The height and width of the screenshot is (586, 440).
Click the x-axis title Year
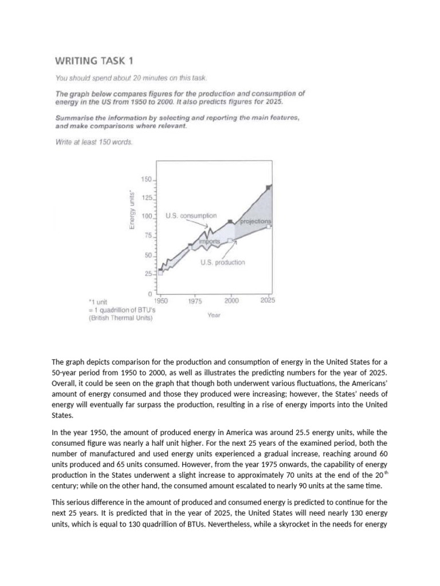click(x=214, y=314)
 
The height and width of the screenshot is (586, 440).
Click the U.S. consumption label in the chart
click(x=191, y=216)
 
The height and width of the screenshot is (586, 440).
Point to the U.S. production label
click(x=222, y=262)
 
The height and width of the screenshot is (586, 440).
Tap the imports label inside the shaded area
click(x=209, y=241)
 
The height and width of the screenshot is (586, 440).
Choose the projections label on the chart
click(x=256, y=221)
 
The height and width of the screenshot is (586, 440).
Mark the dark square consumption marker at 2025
click(x=269, y=187)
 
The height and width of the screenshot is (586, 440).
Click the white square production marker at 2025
click(x=270, y=226)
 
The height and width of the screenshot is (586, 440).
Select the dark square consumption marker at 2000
click(x=230, y=221)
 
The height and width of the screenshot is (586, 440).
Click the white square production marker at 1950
click(x=160, y=273)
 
